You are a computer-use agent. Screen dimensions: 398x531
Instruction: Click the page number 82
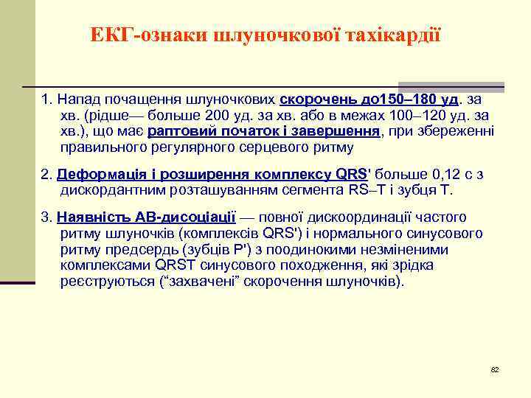pos(495,369)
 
